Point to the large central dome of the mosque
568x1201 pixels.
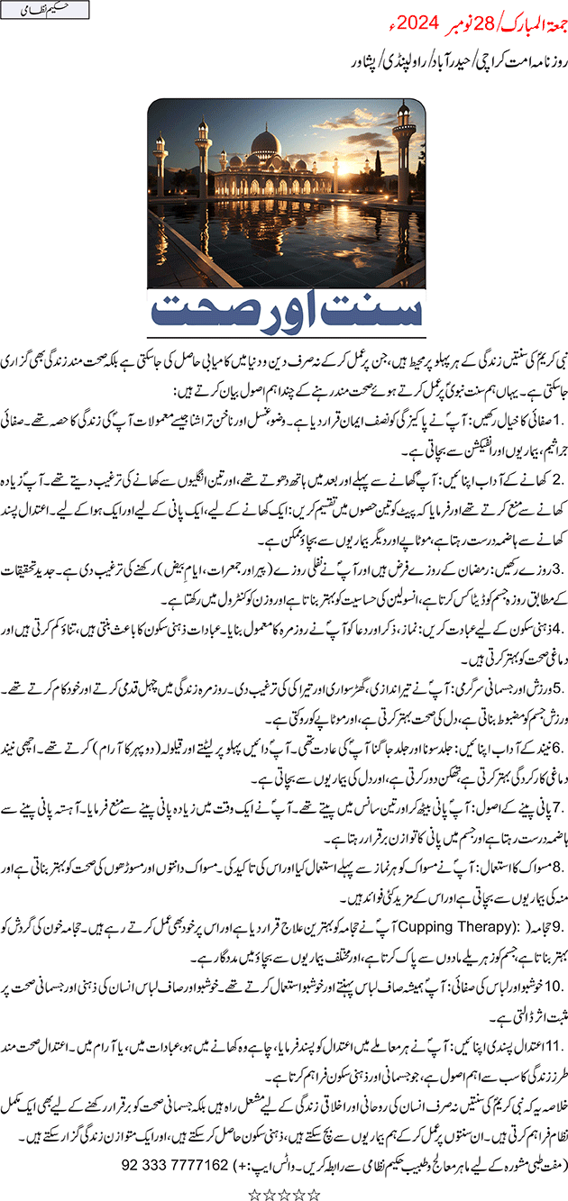tap(267, 141)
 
